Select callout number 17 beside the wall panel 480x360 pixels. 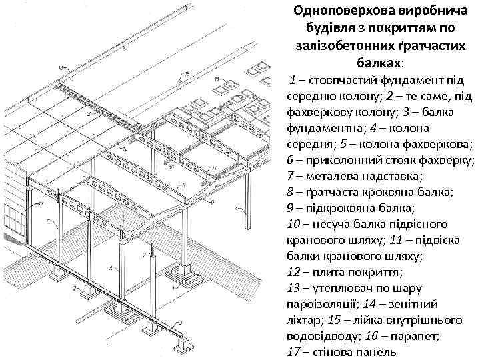(x=41, y=202)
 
